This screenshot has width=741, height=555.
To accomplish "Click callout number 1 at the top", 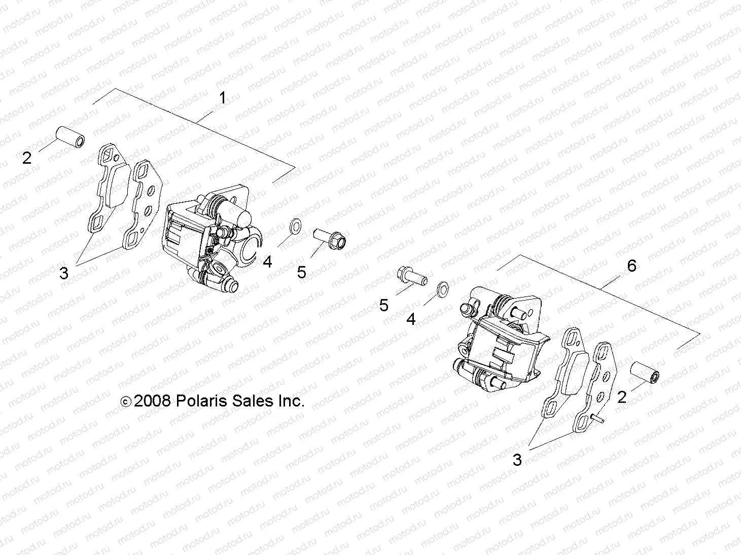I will tap(222, 98).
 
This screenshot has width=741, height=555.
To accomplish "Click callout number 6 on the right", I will tap(631, 265).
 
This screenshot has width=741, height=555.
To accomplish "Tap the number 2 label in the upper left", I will tap(27, 158).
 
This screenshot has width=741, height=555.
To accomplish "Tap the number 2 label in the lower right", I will tap(622, 397).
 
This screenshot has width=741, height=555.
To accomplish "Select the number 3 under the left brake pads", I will tap(63, 273).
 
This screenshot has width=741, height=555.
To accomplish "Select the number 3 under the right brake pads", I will tap(517, 460).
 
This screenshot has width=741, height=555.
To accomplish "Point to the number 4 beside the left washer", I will tap(267, 262).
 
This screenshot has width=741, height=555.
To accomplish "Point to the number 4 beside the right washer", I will tap(411, 319).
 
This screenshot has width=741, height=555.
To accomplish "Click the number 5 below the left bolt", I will tap(302, 273).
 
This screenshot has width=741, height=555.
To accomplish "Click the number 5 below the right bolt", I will tap(384, 305).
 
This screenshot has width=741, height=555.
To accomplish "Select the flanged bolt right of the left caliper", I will tap(329, 238).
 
